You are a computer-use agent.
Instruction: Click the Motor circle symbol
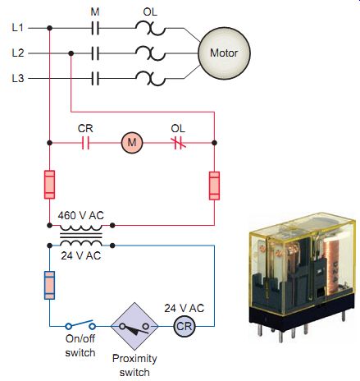pos(224,53)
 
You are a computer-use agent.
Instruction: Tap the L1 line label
pos(18,28)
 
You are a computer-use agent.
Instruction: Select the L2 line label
pos(18,53)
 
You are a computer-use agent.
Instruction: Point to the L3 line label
pos(18,78)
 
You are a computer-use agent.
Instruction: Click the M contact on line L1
pos(95,28)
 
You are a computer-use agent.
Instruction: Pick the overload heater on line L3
pos(150,79)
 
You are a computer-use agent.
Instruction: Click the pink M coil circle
pos(132,143)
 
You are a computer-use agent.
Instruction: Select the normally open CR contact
pos(85,143)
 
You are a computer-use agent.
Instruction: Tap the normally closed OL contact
pos(179,143)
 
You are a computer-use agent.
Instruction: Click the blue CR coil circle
pos(185,326)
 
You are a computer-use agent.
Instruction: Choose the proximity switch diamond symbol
pos(134,326)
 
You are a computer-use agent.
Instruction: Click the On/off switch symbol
pos(80,325)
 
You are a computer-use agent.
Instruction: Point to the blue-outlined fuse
pos(49,285)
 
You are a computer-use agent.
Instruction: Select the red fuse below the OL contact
pos(214,186)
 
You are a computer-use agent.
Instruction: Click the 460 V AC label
pos(81,215)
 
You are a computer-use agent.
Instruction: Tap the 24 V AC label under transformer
pos(81,255)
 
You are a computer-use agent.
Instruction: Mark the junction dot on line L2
pos(71,53)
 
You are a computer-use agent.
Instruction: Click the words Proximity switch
pos(134,365)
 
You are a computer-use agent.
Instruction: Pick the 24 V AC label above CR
pos(185,309)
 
